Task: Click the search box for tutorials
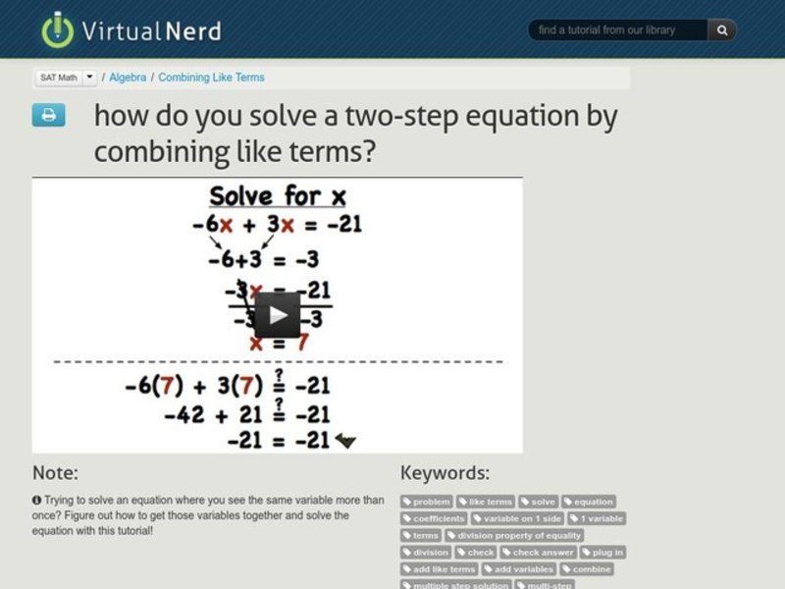click(x=618, y=30)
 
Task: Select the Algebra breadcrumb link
click(x=128, y=78)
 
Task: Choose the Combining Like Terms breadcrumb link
click(x=211, y=78)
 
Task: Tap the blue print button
click(x=48, y=116)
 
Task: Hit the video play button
click(x=278, y=314)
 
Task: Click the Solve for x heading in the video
click(x=278, y=195)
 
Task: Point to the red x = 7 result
click(x=279, y=344)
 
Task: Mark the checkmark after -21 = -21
click(x=344, y=442)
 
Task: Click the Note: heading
click(x=55, y=472)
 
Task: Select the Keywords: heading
click(x=445, y=472)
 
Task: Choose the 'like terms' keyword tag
click(x=486, y=502)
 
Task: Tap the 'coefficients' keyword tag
click(x=434, y=518)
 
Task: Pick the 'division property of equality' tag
click(x=514, y=535)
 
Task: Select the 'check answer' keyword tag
click(x=538, y=552)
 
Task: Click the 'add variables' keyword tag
click(x=519, y=568)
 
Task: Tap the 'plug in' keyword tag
click(x=602, y=552)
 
